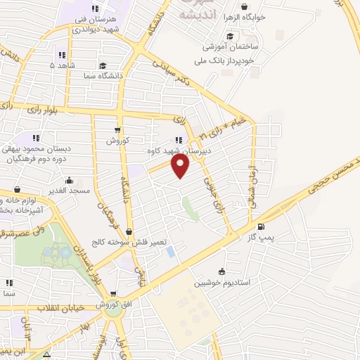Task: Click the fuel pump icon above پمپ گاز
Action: tap(262, 226)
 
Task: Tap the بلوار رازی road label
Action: tap(45, 110)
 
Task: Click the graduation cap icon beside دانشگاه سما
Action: tap(103, 65)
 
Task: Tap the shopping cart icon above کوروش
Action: tap(117, 130)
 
